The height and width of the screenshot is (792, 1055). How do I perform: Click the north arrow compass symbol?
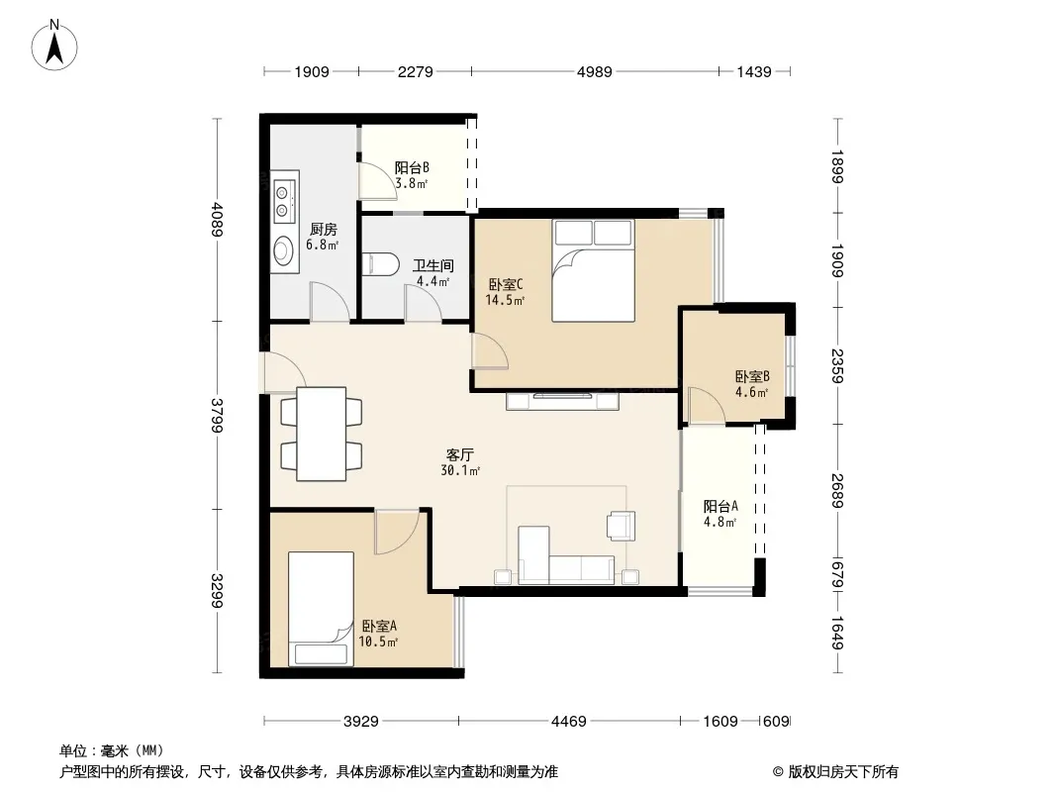pos(54,46)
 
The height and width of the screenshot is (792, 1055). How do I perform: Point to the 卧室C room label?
pos(506,285)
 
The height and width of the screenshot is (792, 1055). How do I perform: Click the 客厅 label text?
pos(459,454)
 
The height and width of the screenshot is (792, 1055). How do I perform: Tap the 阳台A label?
pos(720,506)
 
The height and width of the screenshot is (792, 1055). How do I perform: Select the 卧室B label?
pos(751,377)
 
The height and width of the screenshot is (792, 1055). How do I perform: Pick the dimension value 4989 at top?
pos(594,71)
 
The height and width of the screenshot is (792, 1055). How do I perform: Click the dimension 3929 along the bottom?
pos(360,722)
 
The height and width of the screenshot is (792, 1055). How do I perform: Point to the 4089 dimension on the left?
pos(216,220)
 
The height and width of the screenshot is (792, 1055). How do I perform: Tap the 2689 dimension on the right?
pos(837,490)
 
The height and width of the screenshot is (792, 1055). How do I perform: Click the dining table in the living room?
pos(322,434)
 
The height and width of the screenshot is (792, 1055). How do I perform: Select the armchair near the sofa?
pos(621,526)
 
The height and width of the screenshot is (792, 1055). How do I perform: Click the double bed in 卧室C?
pos(594,270)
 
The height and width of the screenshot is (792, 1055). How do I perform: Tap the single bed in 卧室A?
pos(321,609)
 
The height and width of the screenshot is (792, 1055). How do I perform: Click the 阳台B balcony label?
pos(412,167)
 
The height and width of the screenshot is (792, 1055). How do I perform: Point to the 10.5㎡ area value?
pos(378,642)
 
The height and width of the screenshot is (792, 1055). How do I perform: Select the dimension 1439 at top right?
pos(753,71)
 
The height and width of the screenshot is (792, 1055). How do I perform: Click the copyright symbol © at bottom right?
pos(778,772)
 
